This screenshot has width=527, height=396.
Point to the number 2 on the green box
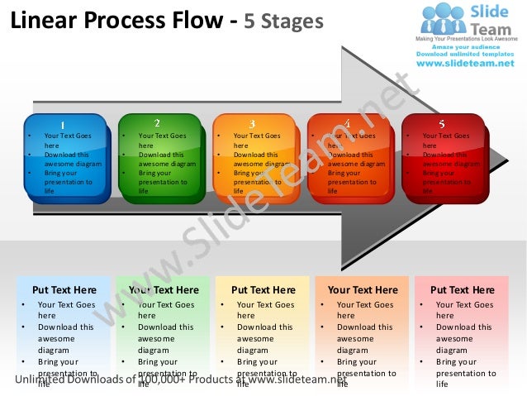157,123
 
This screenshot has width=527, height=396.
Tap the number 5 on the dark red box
441,124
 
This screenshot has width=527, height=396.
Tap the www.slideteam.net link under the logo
468,63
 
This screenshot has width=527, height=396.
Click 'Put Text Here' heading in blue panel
64,290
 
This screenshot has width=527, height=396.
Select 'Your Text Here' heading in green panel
164,290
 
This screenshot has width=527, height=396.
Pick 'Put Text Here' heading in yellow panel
263,290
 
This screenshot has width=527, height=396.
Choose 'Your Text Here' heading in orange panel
363,290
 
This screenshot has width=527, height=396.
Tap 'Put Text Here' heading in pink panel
462,290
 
